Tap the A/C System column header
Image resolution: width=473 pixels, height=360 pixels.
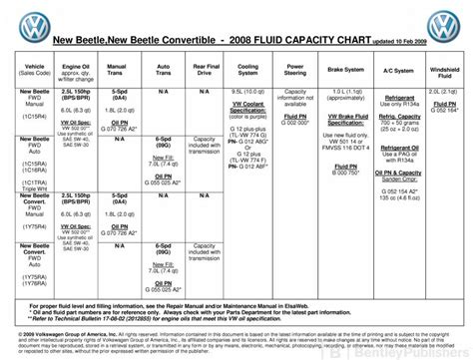(397, 71)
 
